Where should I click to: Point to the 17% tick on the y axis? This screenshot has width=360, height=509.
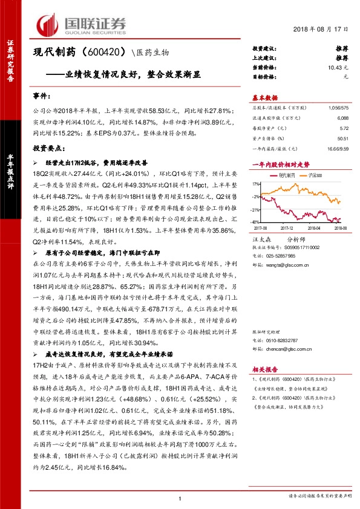click(x=257, y=182)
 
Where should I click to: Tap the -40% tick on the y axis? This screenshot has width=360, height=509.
click(x=256, y=222)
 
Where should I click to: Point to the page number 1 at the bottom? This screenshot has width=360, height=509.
click(x=180, y=498)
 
